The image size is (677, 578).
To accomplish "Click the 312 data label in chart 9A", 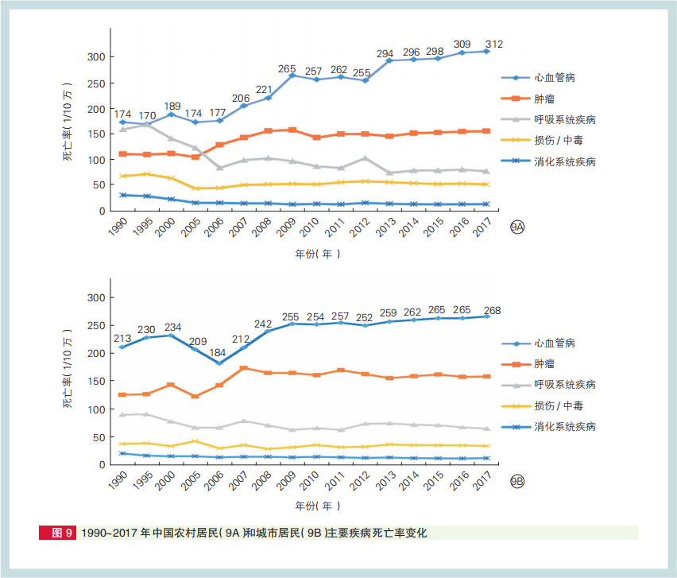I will click(x=494, y=44).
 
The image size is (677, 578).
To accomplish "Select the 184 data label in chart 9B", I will click(x=218, y=352).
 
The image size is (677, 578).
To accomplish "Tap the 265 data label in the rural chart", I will click(x=287, y=68).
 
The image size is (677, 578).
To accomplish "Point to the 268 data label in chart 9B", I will click(x=494, y=311).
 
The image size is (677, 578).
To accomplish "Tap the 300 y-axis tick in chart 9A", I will click(x=95, y=58).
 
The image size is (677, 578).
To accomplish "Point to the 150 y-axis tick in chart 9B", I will click(x=95, y=382).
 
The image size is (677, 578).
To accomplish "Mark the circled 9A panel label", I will click(x=517, y=228).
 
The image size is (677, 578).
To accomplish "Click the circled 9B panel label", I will click(x=517, y=482).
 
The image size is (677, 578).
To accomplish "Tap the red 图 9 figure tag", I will click(x=58, y=533).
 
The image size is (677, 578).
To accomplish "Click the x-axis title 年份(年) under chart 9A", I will click(x=317, y=254).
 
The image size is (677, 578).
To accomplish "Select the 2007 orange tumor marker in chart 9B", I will click(x=244, y=368).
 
